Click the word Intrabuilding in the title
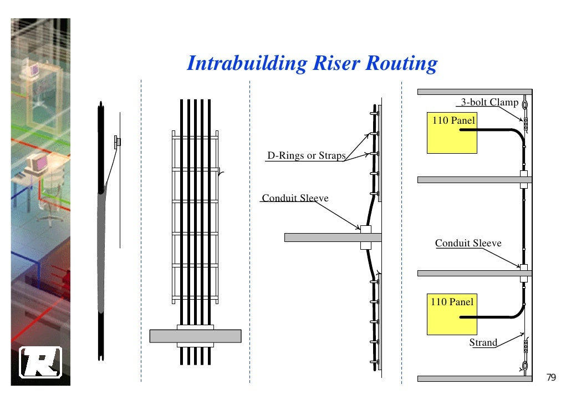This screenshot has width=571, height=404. click(x=246, y=63)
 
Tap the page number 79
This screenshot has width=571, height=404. click(x=550, y=377)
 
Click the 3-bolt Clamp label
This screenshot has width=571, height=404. click(x=490, y=102)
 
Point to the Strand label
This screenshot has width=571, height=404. click(x=483, y=342)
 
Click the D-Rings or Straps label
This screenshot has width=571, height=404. click(x=306, y=156)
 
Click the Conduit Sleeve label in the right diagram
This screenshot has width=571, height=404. click(x=468, y=243)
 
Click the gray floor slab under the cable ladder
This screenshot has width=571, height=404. click(x=195, y=336)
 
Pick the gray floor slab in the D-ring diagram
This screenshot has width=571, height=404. click(x=333, y=238)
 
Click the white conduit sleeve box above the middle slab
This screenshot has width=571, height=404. click(x=366, y=229)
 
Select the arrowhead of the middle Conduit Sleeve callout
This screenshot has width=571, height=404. click(x=359, y=228)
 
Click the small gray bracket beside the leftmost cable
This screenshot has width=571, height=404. click(x=117, y=142)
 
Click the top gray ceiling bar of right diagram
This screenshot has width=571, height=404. click(x=474, y=92)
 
